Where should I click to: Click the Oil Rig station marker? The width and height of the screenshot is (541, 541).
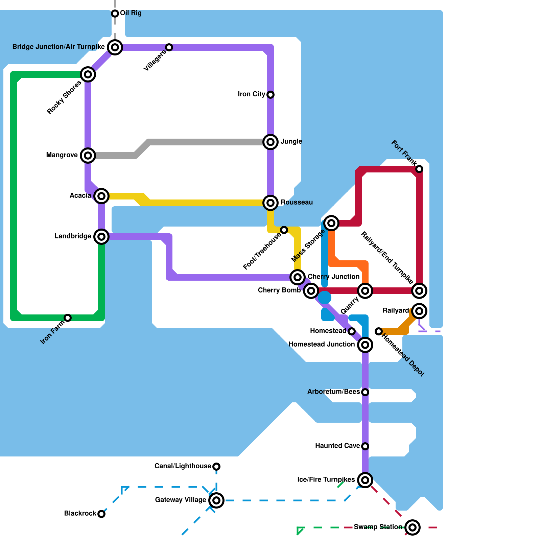[x=115, y=14]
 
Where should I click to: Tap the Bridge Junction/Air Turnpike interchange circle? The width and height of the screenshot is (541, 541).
[x=115, y=47]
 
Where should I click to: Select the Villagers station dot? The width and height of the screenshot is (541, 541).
[x=169, y=47]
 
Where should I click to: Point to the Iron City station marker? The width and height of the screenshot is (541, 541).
[x=270, y=95]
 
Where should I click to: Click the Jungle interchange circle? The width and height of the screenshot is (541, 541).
[x=270, y=142]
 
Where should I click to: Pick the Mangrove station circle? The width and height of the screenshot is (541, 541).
[x=88, y=156]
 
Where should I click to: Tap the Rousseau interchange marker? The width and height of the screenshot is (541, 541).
[x=270, y=203]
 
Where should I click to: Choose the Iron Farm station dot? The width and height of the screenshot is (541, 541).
[x=68, y=318]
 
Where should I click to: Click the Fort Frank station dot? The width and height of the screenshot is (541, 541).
[x=419, y=169]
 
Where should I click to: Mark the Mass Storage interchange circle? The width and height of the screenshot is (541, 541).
[x=331, y=223]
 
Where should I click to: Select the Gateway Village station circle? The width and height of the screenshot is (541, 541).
[x=216, y=500]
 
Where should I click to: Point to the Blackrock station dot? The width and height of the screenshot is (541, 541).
[x=101, y=514]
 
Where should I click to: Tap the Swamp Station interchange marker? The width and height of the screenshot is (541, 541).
[x=413, y=527]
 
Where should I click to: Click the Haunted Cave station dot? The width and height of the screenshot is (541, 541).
[x=365, y=446]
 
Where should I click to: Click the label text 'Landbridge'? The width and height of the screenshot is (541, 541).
[x=73, y=236]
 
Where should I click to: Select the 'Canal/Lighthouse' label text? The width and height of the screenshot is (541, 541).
[x=183, y=466]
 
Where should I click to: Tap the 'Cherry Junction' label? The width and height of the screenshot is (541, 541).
[x=334, y=277]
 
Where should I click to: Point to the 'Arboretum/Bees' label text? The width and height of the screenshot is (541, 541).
[x=334, y=392]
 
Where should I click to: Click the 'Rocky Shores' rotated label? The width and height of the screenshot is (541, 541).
[x=64, y=97]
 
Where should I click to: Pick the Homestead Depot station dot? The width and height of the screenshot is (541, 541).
[x=379, y=331]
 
